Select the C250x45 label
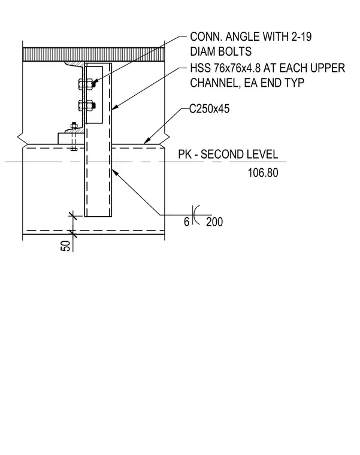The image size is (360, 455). pyautogui.click(x=209, y=109)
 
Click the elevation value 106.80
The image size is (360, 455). pyautogui.click(x=263, y=172)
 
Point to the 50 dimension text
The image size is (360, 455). pyautogui.click(x=66, y=245)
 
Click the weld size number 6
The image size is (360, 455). pyautogui.click(x=186, y=222)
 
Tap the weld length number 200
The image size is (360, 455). pyautogui.click(x=214, y=222)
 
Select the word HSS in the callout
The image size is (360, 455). pyautogui.click(x=200, y=68)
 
